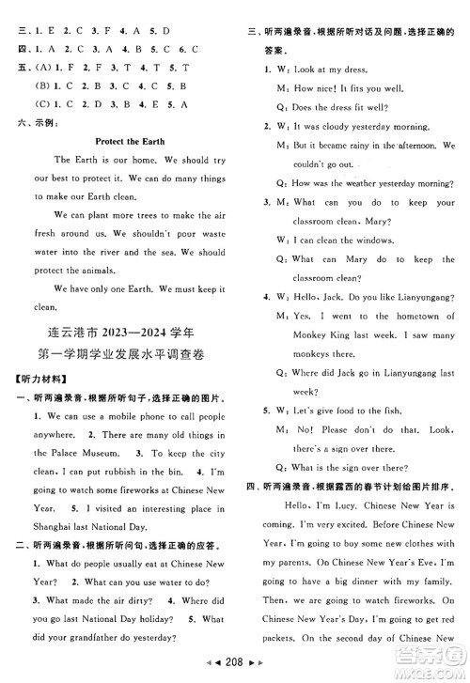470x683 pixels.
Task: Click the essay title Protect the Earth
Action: coord(130,142)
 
